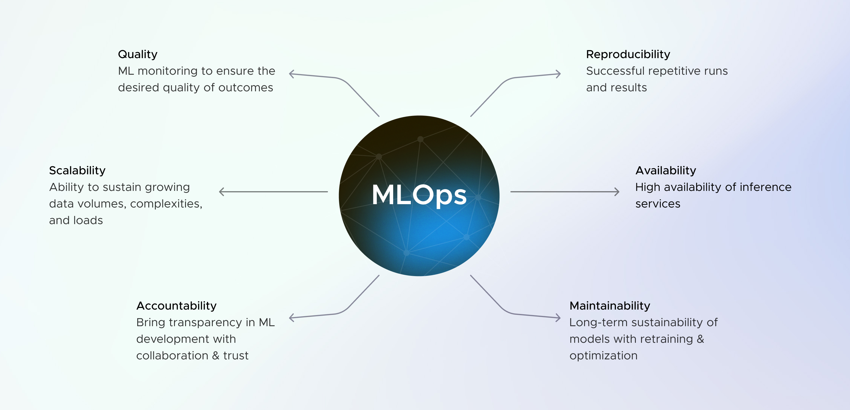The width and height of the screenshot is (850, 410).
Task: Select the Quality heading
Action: [x=138, y=54]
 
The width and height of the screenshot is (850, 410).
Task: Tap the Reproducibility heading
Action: [x=628, y=54]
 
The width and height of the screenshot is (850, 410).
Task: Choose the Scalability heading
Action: [x=77, y=170]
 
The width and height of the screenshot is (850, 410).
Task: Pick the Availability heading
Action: [x=665, y=170]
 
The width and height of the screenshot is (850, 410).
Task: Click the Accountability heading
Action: [x=176, y=306]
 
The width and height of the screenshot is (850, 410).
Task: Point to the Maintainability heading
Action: [x=610, y=306]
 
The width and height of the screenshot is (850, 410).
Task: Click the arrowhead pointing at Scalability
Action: [x=222, y=192]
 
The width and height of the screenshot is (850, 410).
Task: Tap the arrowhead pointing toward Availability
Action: [x=617, y=192]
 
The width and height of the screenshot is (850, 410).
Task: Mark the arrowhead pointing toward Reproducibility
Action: [x=558, y=74]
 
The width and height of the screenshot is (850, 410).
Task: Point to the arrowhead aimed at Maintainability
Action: [x=558, y=318]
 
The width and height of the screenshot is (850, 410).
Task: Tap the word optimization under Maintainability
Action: [x=603, y=355]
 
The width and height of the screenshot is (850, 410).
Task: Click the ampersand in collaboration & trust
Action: [x=216, y=355]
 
